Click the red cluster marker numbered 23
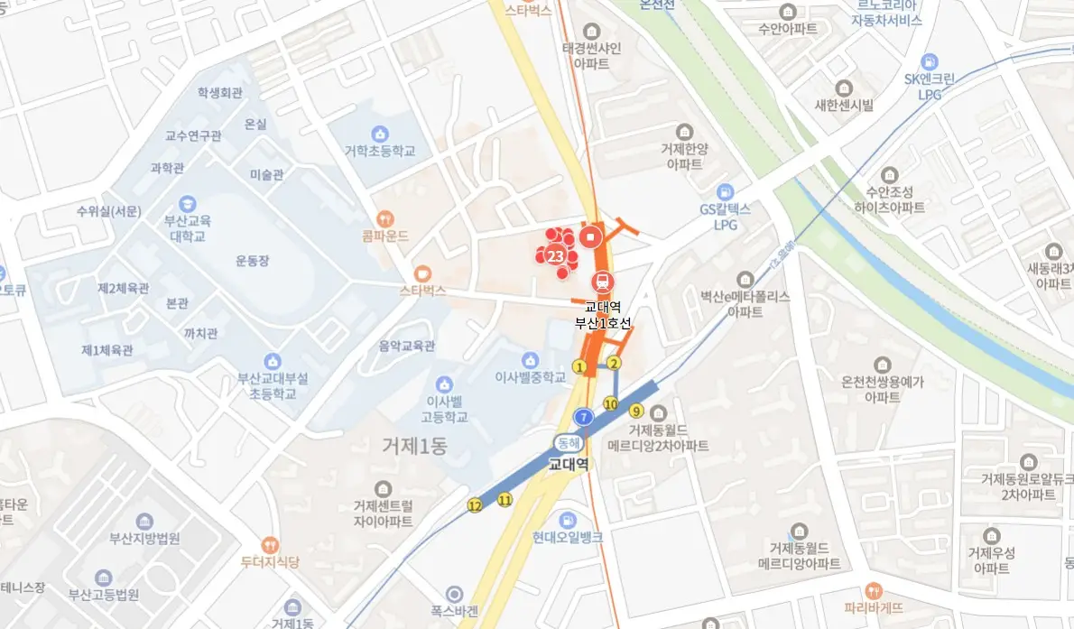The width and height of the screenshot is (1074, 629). point(556,255)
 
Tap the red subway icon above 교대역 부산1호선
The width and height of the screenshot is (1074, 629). point(601,282)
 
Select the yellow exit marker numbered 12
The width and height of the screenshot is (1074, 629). point(475,505)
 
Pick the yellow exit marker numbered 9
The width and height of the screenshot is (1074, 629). point(636,411)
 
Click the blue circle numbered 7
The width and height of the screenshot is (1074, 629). point(584,417)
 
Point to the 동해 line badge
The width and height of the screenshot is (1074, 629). point(567,443)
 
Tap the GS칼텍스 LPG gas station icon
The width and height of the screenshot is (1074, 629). point(725,191)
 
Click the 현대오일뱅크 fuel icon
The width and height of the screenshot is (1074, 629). point(567,519)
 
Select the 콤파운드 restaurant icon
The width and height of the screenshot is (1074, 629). point(386,217)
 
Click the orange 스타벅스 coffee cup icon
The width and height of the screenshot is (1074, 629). point(422,273)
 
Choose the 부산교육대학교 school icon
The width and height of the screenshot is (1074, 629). point(188,204)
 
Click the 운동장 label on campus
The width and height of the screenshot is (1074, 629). point(253,261)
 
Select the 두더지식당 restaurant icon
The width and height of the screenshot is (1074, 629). point(269,544)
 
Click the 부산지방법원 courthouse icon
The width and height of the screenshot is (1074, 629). point(144,521)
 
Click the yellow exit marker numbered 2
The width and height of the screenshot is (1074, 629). point(615,364)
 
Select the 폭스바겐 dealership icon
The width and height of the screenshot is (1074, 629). point(454,593)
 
